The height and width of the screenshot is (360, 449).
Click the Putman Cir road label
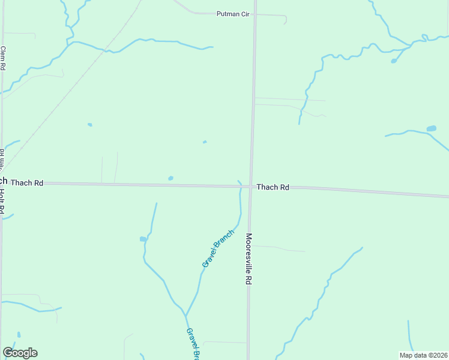232,14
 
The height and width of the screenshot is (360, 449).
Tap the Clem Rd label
3,59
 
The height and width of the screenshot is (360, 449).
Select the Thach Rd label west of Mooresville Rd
27,182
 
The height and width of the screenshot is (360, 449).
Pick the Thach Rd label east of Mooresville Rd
273,187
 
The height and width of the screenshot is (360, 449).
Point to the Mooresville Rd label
248,259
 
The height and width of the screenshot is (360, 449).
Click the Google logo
20,353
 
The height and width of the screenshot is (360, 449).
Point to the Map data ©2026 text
424,355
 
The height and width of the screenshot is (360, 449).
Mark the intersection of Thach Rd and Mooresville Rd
251,187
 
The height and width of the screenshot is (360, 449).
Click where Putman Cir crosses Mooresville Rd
255,13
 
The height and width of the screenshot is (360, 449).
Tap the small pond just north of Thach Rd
171,178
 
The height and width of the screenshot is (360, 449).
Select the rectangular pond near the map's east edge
431,128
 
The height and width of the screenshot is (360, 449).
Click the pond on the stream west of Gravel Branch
143,239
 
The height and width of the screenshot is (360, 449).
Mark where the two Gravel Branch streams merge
185,316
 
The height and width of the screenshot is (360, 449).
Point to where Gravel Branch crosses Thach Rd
241,186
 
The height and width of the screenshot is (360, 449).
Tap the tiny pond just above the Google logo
19,334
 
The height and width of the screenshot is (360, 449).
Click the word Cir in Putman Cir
243,14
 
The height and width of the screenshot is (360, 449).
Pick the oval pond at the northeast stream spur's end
394,61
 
